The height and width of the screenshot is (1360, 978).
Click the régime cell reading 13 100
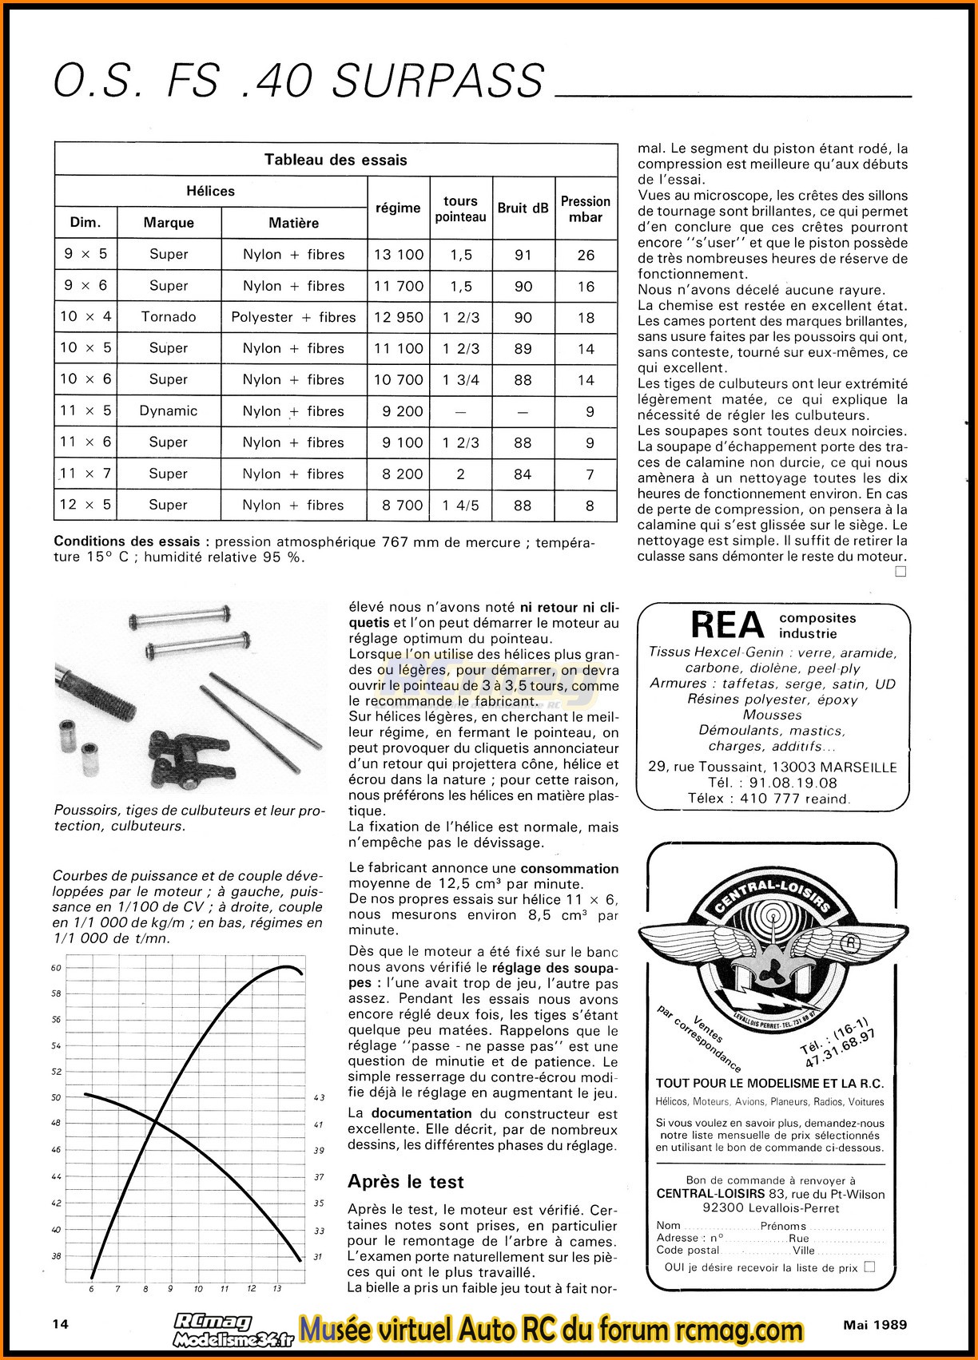pyautogui.click(x=399, y=255)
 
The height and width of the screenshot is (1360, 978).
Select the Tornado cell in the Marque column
pyautogui.click(x=169, y=317)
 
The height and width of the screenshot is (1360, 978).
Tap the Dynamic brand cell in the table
pyautogui.click(x=169, y=411)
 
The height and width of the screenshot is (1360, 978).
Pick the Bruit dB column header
pyautogui.click(x=523, y=208)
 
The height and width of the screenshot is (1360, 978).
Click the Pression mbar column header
pyautogui.click(x=586, y=208)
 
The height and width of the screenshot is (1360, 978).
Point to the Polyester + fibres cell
pyautogui.click(x=293, y=317)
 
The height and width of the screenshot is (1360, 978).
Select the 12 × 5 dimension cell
pyautogui.click(x=85, y=505)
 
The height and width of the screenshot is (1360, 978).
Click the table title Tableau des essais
pyautogui.click(x=336, y=160)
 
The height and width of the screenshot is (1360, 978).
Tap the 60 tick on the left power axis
pyautogui.click(x=56, y=968)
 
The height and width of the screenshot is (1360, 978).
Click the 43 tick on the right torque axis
pyautogui.click(x=319, y=1098)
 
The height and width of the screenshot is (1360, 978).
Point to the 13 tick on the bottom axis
pyautogui.click(x=276, y=1288)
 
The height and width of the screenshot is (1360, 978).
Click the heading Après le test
pyautogui.click(x=405, y=1182)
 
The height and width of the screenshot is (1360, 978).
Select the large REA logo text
pyautogui.click(x=726, y=625)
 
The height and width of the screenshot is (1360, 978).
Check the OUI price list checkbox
pyautogui.click(x=870, y=1267)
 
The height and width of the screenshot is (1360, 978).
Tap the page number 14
pyautogui.click(x=60, y=1324)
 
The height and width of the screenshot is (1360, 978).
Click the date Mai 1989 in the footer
pyautogui.click(x=875, y=1325)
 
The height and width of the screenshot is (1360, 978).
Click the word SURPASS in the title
pyautogui.click(x=438, y=81)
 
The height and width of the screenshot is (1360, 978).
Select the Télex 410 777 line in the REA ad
pyautogui.click(x=768, y=799)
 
